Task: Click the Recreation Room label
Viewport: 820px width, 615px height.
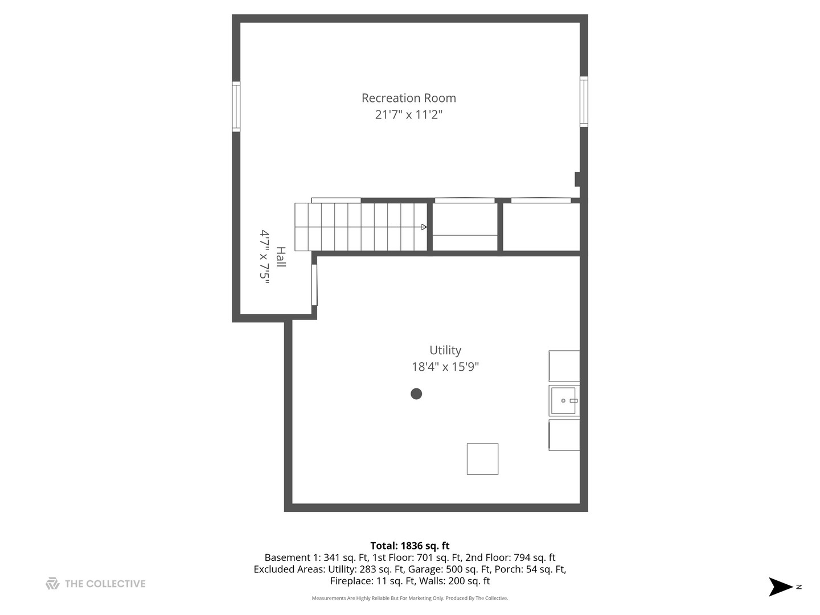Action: [x=408, y=98]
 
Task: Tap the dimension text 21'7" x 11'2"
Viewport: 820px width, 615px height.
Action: [x=408, y=114]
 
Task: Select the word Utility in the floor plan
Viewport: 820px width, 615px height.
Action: [x=445, y=350]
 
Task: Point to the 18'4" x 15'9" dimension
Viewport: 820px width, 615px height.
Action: [x=445, y=367]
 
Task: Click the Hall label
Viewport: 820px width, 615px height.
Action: [x=280, y=257]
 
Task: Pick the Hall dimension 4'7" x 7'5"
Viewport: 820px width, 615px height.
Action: [x=264, y=257]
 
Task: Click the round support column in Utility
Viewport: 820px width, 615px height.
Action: [x=416, y=393]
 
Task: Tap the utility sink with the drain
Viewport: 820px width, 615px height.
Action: [x=564, y=401]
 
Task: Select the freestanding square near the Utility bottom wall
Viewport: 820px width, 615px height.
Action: [x=482, y=459]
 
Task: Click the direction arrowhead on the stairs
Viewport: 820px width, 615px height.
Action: [x=424, y=227]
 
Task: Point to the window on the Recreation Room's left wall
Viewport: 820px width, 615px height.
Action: [x=236, y=106]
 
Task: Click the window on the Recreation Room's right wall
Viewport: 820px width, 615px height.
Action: [x=584, y=101]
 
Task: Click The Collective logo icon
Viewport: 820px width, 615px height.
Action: [x=52, y=584]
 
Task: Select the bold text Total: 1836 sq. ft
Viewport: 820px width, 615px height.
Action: [x=409, y=546]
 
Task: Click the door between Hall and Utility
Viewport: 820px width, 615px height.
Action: [x=314, y=285]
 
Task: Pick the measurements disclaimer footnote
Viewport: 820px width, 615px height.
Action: [x=409, y=598]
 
